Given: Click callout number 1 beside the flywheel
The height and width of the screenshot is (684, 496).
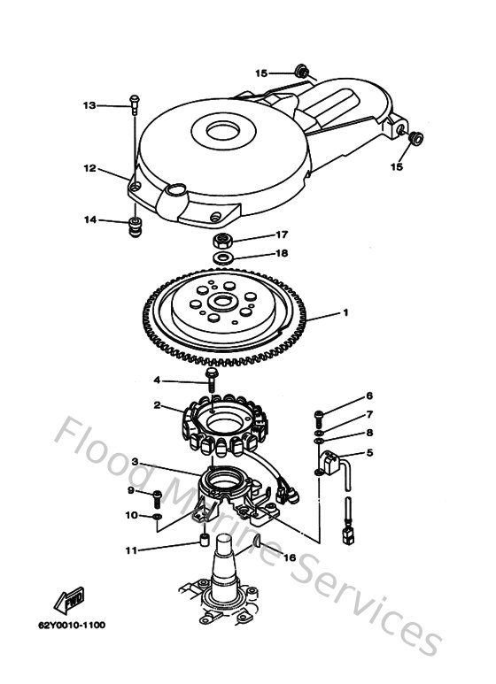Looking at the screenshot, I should (x=346, y=312).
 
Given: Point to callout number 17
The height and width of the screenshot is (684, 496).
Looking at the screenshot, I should (x=281, y=235).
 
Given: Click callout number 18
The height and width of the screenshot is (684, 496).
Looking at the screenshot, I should (x=281, y=253).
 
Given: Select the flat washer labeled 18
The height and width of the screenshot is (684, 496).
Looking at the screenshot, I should (x=224, y=257).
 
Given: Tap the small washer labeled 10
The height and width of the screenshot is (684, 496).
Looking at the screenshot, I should (x=157, y=514).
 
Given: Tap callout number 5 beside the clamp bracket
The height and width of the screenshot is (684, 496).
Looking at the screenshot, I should (x=370, y=453).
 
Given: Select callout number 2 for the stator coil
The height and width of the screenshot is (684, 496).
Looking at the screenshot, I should (x=157, y=406).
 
